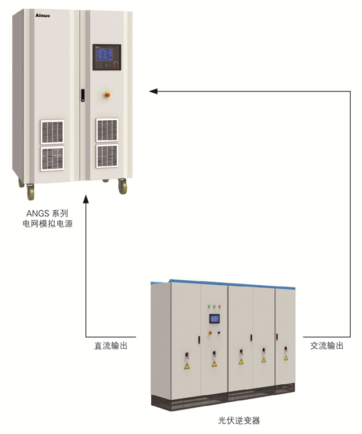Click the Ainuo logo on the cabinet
pos(42,16)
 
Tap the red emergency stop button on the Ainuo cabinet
pos(108,95)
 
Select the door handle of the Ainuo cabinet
pos(83,95)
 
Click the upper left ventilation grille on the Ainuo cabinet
pos(52,132)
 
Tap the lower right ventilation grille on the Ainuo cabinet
pos(107,156)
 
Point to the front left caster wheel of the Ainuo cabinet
pos(30,192)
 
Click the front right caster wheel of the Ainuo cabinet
pos(123,186)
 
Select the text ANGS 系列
pos(47,214)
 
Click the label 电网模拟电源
pos(47,224)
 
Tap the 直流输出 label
pos(111,346)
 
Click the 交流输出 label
pos(327,346)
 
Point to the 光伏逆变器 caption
pos(239,420)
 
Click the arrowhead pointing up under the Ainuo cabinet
pos(86,199)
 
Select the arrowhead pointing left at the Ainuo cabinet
pos(154,91)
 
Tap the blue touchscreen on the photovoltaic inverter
pos(215,319)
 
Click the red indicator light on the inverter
pos(220,307)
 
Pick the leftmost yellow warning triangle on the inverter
pos(187,366)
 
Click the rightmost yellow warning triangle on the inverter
pos(286,357)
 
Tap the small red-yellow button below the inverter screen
pos(210,333)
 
